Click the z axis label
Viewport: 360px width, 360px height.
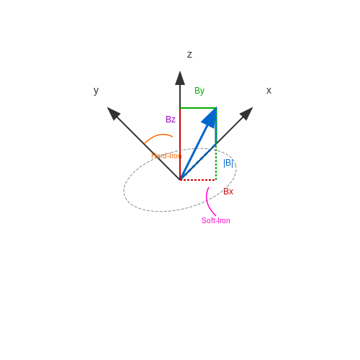pyautogui.click(x=189, y=55)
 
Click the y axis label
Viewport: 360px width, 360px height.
pyautogui.click(x=96, y=91)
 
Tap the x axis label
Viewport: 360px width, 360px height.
pyautogui.click(x=269, y=91)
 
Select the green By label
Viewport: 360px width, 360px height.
pyautogui.click(x=199, y=91)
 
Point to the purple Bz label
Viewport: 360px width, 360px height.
pyautogui.click(x=171, y=120)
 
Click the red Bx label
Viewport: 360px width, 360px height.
pyautogui.click(x=228, y=192)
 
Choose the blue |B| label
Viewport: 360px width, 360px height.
pyautogui.click(x=228, y=163)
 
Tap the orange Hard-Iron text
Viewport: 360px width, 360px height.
pyautogui.click(x=166, y=156)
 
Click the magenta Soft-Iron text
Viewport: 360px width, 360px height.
pyautogui.click(x=216, y=220)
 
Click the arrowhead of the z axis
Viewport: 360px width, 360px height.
pyautogui.click(x=180, y=78)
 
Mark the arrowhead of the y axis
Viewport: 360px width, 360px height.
pyautogui.click(x=113, y=113)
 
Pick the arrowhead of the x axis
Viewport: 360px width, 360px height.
pyautogui.click(x=246, y=114)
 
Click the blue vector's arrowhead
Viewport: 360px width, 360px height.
pyautogui.click(x=210, y=118)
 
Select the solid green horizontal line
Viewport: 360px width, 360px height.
pyautogui.click(x=198, y=108)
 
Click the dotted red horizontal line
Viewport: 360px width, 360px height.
pyautogui.click(x=198, y=180)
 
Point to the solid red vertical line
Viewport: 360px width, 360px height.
pyautogui.click(x=180, y=144)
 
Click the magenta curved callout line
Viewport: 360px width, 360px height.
pyautogui.click(x=207, y=202)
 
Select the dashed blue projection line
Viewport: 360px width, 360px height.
pyautogui.click(x=198, y=162)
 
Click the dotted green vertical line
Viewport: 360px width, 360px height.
pyautogui.click(x=216, y=144)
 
